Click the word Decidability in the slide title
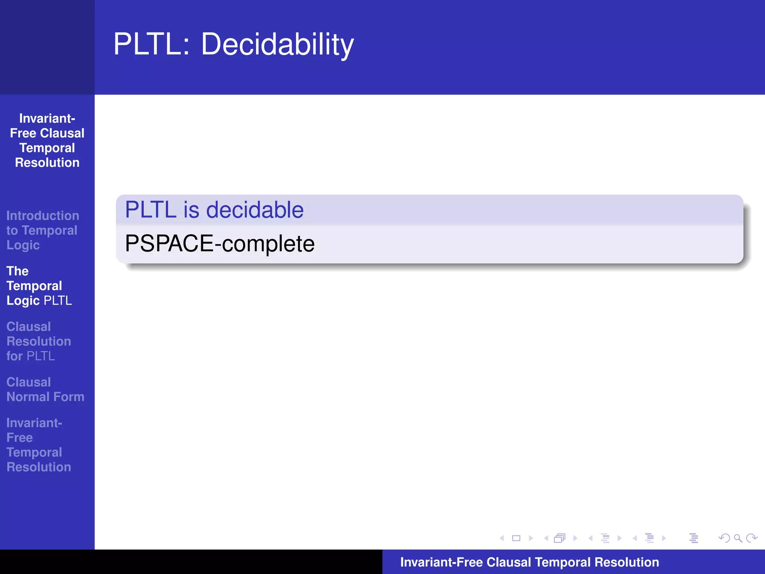coord(277,44)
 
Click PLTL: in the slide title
coord(151,44)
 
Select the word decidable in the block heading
coord(255,210)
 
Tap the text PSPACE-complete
coord(220,244)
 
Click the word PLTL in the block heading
coord(151,210)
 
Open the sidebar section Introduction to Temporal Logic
coord(42,230)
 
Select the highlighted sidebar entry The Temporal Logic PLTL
coord(39,286)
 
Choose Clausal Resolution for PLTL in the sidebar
coord(38,341)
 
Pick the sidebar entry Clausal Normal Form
coord(45,389)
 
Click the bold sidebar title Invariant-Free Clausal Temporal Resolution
coord(47,141)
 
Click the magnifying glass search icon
coord(738,538)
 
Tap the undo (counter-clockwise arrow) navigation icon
coord(724,538)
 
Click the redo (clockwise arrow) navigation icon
coord(752,538)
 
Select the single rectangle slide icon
coord(516,538)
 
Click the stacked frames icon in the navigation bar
coord(560,538)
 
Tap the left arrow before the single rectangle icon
coord(502,538)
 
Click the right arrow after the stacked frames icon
coord(575,538)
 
